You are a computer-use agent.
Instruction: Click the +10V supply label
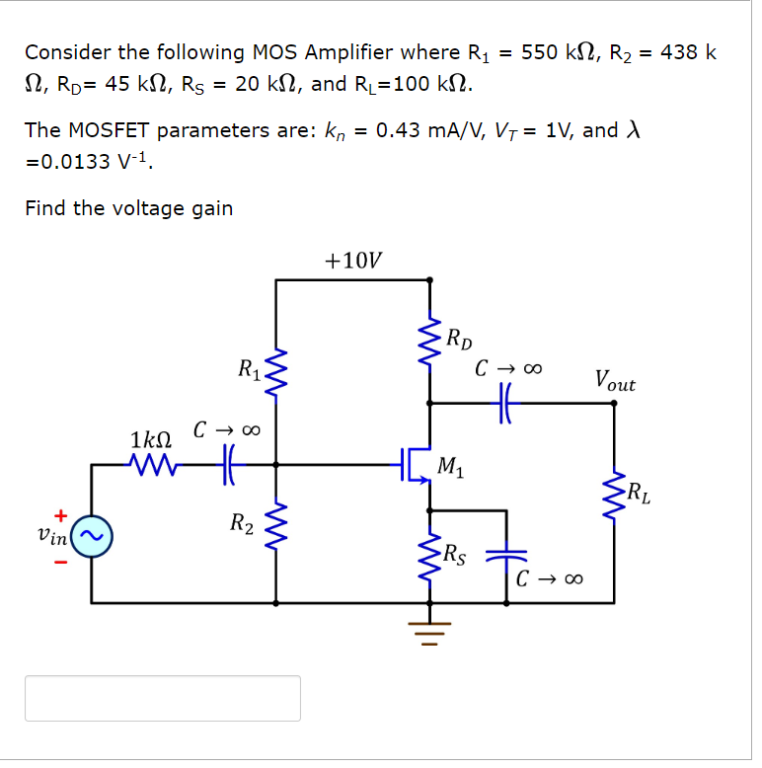point(353,261)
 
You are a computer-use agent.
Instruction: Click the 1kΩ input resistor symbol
point(152,463)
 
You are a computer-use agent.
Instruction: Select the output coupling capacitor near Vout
point(506,403)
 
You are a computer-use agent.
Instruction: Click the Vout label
point(615,381)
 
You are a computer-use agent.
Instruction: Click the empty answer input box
point(163,698)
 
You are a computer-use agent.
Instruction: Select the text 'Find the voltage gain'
point(129,208)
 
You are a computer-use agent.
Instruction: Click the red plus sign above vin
point(60,515)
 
